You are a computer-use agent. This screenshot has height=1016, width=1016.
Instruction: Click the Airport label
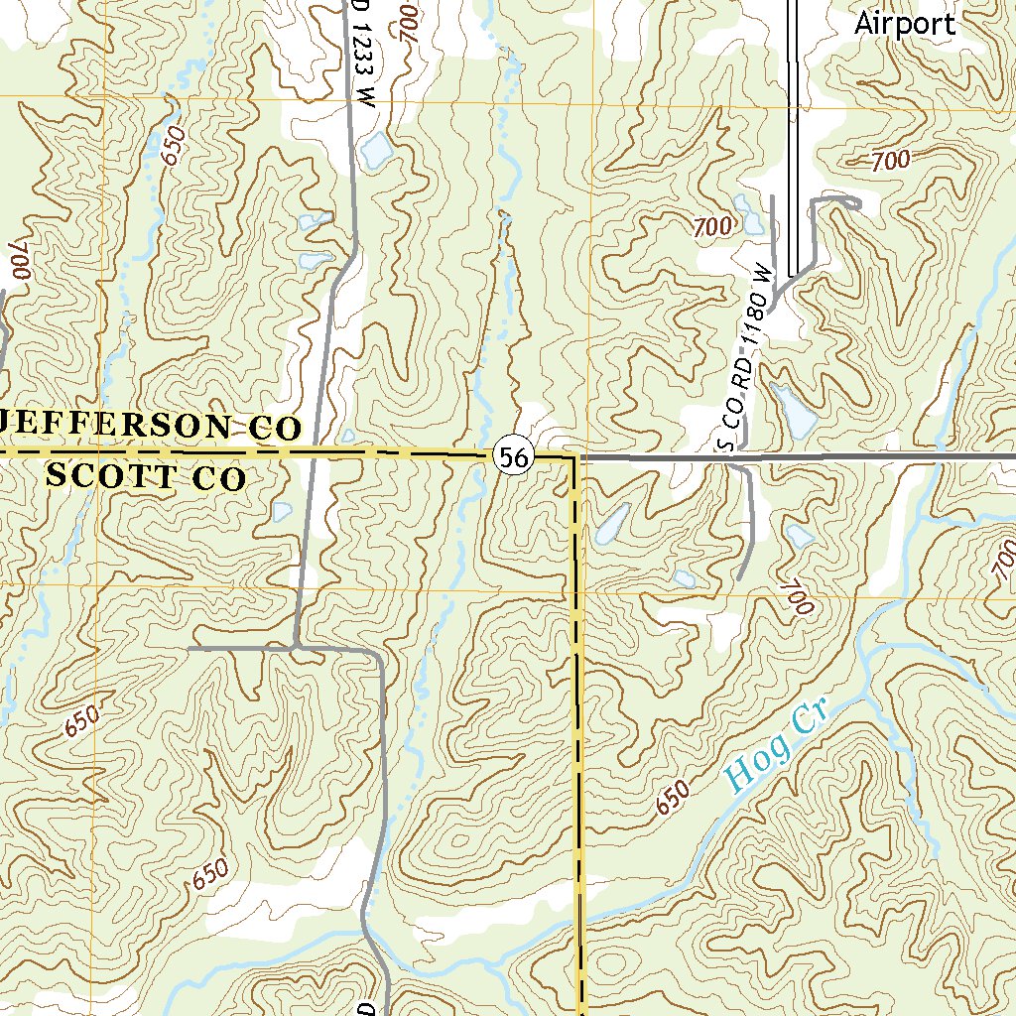[x=905, y=24]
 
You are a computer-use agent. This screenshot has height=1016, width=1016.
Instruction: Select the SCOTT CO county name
[x=146, y=477]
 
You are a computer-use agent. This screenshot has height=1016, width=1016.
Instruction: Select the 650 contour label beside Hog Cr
[x=672, y=798]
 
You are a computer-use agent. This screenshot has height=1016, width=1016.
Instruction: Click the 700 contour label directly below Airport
[x=892, y=160]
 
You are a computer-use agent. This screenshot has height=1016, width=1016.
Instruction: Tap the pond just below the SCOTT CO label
[x=282, y=512]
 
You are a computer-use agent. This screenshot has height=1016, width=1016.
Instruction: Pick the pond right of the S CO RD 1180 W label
[x=795, y=409]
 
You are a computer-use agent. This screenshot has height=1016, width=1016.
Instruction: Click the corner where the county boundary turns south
[x=574, y=458]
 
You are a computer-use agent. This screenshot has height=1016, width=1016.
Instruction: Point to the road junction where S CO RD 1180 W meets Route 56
[x=742, y=458]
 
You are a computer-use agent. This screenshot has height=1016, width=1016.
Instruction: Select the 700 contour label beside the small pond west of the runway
[x=714, y=227]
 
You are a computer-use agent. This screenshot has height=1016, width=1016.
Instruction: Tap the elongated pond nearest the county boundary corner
[x=611, y=522]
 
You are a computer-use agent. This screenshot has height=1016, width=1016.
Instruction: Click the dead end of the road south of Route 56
[x=740, y=578]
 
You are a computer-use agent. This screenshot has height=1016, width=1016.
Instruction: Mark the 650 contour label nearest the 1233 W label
[x=174, y=147]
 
